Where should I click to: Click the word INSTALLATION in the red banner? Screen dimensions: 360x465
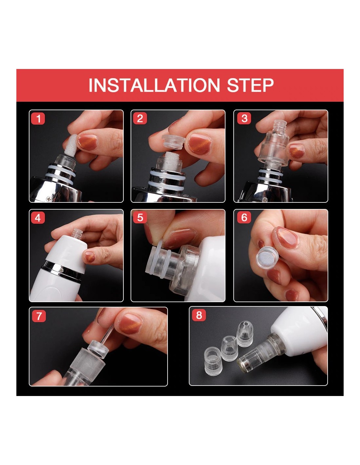pyautogui.click(x=154, y=85)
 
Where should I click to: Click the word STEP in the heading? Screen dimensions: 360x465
pyautogui.click(x=250, y=85)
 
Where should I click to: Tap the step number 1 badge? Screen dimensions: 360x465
pyautogui.click(x=38, y=119)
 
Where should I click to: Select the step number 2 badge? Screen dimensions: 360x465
pyautogui.click(x=140, y=118)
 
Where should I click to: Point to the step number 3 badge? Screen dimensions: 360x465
pyautogui.click(x=244, y=118)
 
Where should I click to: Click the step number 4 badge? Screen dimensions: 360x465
pyautogui.click(x=38, y=218)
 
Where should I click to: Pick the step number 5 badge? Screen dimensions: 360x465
pyautogui.click(x=140, y=217)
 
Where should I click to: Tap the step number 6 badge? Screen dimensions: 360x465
pyautogui.click(x=244, y=217)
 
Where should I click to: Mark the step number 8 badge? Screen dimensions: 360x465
pyautogui.click(x=199, y=315)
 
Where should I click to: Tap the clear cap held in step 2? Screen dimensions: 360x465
pyautogui.click(x=173, y=142)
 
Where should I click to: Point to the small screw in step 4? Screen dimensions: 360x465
pyautogui.click(x=62, y=270)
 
